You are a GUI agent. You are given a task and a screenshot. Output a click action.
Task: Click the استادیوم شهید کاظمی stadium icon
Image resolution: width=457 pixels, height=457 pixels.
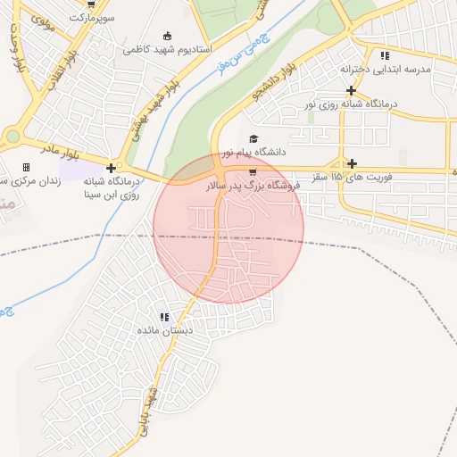click(x=167, y=36)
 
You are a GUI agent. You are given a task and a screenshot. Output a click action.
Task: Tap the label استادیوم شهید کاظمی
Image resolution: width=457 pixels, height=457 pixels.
click(x=167, y=48)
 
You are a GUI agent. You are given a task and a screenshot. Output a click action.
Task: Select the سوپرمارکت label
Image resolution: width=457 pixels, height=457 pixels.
click(x=95, y=17)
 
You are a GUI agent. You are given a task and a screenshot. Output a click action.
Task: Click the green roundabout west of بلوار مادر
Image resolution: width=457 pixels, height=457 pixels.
click(x=12, y=137)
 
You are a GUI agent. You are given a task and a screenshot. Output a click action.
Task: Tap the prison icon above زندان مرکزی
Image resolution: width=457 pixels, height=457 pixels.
click(x=26, y=167)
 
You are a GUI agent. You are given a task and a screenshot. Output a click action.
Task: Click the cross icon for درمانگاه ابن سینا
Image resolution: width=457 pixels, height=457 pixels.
click(x=111, y=167)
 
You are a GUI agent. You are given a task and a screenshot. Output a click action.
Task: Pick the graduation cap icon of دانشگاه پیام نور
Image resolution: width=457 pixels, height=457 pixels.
click(x=253, y=139)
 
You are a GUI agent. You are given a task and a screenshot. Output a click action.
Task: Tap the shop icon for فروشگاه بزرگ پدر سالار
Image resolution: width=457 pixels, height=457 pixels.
click(x=253, y=171)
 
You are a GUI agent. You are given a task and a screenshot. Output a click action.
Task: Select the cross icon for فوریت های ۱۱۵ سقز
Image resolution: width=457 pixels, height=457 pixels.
click(x=353, y=163)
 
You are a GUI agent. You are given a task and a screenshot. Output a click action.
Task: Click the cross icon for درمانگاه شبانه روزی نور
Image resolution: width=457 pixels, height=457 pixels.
click(x=352, y=90)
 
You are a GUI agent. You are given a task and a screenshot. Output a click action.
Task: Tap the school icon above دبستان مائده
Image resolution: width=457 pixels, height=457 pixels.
click(x=163, y=317)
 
